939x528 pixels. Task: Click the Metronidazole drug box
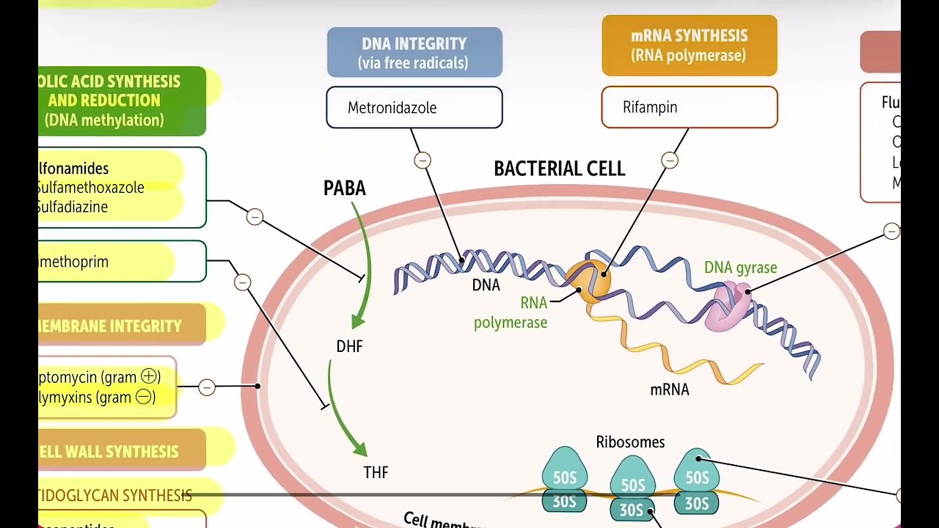[x=414, y=108]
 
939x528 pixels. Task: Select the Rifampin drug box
[x=689, y=107]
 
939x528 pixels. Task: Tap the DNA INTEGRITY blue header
[x=414, y=53]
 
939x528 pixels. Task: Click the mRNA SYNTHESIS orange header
[x=689, y=45]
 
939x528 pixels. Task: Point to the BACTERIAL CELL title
[x=559, y=169]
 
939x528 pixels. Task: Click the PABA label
[x=344, y=188]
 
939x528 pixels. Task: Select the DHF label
[x=349, y=346]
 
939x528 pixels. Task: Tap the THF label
[x=376, y=472]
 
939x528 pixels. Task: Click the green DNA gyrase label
[x=740, y=268]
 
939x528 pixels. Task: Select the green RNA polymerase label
[x=511, y=312]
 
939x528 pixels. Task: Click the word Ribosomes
[x=630, y=442]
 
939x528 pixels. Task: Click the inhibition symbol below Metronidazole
[x=422, y=160]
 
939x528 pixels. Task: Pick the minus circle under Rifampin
[x=669, y=160]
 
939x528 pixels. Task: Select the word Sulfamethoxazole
[x=91, y=188]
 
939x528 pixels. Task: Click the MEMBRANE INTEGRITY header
[x=110, y=326]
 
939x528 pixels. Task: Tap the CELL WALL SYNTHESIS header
[x=110, y=452]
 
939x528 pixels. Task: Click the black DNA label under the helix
[x=486, y=285]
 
